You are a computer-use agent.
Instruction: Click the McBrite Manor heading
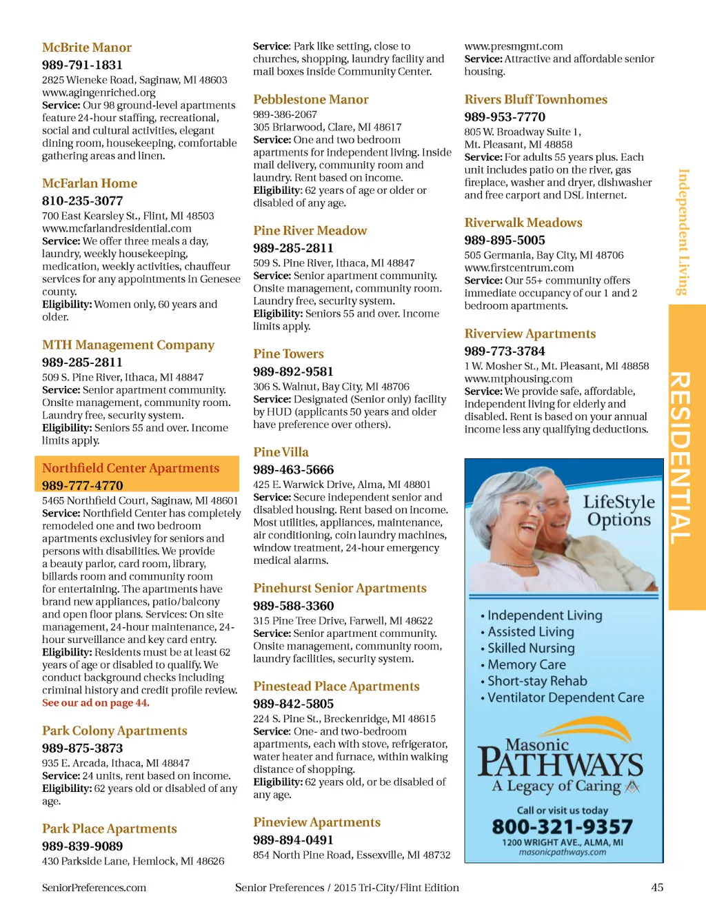(x=87, y=48)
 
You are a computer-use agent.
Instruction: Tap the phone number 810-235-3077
(x=82, y=201)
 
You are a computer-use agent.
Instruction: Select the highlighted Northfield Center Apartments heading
(x=130, y=468)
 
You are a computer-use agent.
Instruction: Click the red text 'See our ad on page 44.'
(x=96, y=703)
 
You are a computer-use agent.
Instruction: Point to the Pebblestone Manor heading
(x=310, y=99)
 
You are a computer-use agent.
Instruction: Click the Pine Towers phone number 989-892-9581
(x=293, y=372)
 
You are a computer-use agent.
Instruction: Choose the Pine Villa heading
(x=281, y=452)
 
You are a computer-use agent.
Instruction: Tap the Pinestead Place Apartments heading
(x=336, y=686)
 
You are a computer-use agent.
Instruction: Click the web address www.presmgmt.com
(x=513, y=46)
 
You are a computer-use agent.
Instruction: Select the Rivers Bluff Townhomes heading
(x=536, y=99)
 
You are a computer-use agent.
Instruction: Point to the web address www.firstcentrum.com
(x=518, y=267)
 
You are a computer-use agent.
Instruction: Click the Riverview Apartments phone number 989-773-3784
(x=504, y=351)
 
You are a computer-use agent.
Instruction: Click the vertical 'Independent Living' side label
(x=683, y=232)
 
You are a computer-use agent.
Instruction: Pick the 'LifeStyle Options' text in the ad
(x=618, y=510)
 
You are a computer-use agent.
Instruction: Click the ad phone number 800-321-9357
(x=562, y=826)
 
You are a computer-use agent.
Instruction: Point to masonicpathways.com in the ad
(x=563, y=852)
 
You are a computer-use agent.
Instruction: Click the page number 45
(x=657, y=888)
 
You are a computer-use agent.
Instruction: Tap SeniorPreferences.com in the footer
(x=94, y=888)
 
